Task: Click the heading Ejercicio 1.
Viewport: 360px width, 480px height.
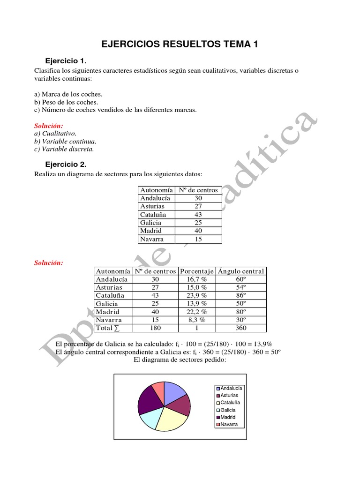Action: click(66, 61)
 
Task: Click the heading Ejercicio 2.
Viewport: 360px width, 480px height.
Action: click(66, 165)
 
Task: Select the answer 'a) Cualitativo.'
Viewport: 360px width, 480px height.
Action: click(55, 133)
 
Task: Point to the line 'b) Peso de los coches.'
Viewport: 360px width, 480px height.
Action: click(66, 102)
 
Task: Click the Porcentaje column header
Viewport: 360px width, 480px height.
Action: click(197, 271)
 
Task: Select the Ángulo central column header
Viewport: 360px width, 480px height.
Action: click(241, 271)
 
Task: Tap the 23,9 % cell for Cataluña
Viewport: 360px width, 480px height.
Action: click(197, 295)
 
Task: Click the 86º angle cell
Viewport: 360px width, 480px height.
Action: click(241, 295)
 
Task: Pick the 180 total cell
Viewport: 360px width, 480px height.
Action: click(155, 328)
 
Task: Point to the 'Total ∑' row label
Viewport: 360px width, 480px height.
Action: click(107, 328)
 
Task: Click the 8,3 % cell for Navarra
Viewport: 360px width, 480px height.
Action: click(197, 320)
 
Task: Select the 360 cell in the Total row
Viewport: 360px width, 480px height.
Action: click(241, 328)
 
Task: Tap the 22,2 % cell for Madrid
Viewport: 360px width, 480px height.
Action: click(197, 312)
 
